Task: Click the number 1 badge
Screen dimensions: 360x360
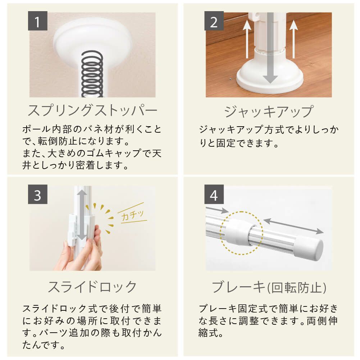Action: click(x=38, y=22)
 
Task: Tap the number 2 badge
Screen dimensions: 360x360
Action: click(x=214, y=22)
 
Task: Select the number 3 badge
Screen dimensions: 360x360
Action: click(x=38, y=196)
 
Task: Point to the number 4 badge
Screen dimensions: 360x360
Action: click(x=214, y=196)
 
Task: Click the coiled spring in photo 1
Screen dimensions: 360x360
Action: click(x=92, y=74)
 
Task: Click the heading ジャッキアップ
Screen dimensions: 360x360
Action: click(x=269, y=111)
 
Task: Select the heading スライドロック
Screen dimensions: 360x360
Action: click(x=92, y=287)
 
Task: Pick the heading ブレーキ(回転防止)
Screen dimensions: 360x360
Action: click(x=269, y=287)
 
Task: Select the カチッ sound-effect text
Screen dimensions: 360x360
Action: click(x=133, y=215)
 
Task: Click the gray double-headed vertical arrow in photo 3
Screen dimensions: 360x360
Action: click(x=82, y=215)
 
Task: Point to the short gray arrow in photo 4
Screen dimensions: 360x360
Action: click(x=217, y=209)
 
